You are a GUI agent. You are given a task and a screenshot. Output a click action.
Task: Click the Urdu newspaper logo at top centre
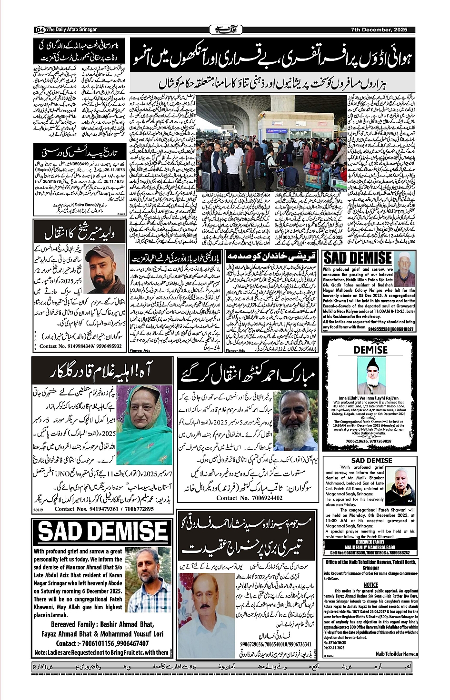(x=226, y=30)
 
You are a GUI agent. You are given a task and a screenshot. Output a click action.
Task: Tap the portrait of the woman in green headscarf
(x=144, y=424)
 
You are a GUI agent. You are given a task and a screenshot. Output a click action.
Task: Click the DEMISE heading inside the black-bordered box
(x=370, y=350)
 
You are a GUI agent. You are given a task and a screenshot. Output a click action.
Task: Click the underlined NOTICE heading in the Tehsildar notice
(x=370, y=585)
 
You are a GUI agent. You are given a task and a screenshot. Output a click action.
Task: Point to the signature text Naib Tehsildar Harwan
(x=396, y=654)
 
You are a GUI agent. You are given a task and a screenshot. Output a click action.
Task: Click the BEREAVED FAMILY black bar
(x=370, y=543)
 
